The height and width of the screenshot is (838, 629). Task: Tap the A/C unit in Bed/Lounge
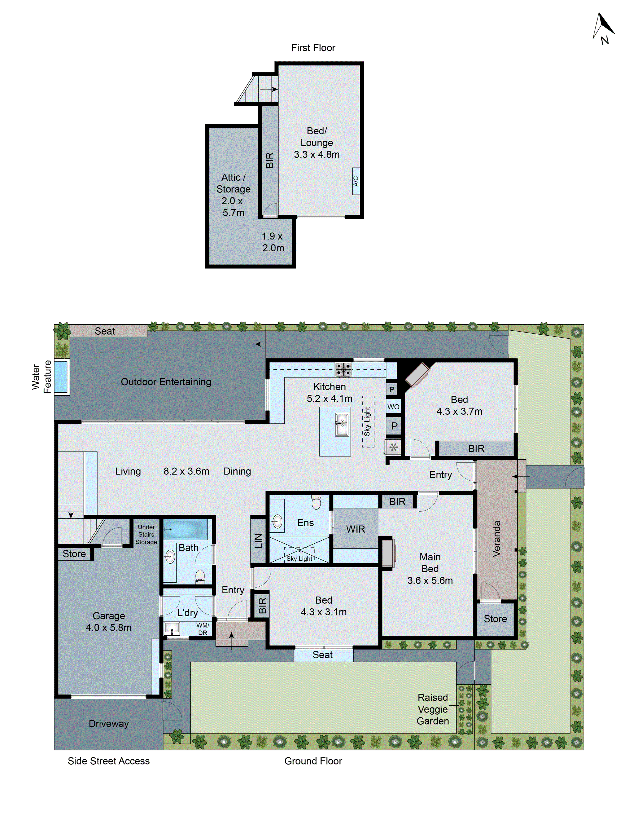click(x=356, y=181)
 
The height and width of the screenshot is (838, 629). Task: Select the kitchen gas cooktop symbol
click(x=343, y=369)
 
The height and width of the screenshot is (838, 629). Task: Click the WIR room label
click(x=355, y=529)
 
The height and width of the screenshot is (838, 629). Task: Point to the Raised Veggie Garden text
click(x=433, y=709)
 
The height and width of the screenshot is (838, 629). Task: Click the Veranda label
click(x=496, y=539)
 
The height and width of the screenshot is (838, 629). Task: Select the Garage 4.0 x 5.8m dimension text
click(x=109, y=622)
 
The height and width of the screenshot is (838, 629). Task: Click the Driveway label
click(x=109, y=724)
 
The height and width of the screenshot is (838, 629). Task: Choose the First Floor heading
click(x=313, y=48)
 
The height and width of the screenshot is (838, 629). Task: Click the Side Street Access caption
click(x=109, y=761)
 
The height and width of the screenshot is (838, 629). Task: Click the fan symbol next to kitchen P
click(x=394, y=447)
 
